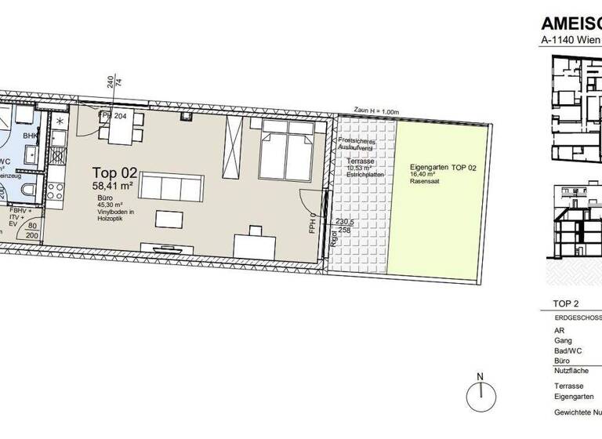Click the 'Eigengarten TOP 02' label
[441, 169]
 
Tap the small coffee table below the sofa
[168, 217]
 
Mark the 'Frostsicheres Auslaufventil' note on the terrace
[357, 144]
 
